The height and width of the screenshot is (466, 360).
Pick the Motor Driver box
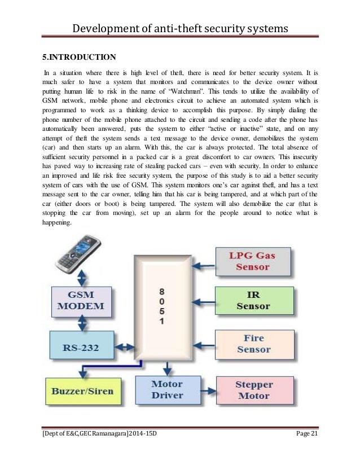[x=168, y=389]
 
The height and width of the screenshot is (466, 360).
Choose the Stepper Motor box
[x=254, y=390]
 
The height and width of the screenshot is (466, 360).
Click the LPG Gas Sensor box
[x=253, y=261]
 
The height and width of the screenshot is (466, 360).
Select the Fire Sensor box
[x=254, y=344]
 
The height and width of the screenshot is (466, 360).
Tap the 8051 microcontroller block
[x=162, y=308]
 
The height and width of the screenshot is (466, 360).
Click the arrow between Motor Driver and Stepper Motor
[x=209, y=390]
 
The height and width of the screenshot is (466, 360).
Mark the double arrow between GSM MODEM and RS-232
[x=82, y=325]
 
